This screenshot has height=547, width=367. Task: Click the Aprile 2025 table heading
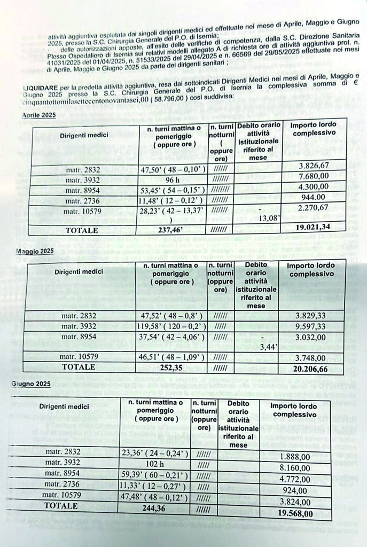click(38, 115)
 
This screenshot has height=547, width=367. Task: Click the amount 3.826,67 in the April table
click(315, 171)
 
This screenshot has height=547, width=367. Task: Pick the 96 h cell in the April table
click(172, 181)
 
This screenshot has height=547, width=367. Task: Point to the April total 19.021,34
click(314, 229)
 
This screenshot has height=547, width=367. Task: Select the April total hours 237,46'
click(172, 230)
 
